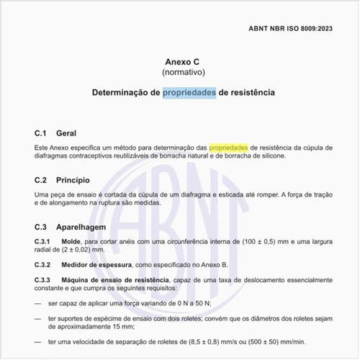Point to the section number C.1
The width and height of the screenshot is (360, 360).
click(x=41, y=134)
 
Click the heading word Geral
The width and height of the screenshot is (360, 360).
click(x=66, y=134)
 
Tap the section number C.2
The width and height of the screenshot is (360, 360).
click(x=41, y=179)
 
